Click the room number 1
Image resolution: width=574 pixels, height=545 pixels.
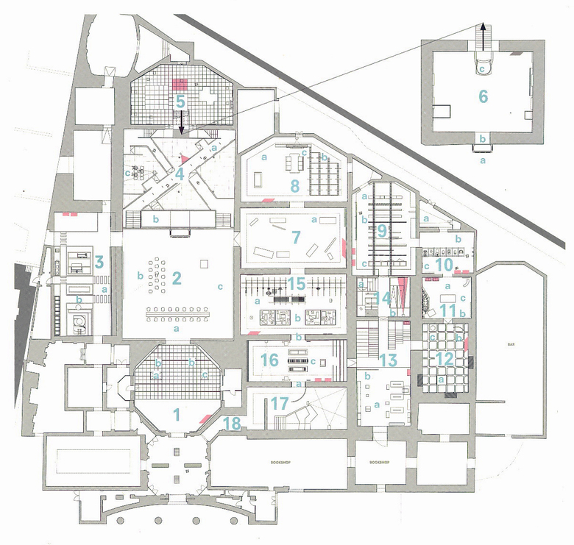pos(176,413)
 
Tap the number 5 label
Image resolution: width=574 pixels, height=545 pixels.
pos(180,101)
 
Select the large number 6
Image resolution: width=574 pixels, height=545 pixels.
pos(483,96)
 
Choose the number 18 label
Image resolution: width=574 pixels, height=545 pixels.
pos(231,423)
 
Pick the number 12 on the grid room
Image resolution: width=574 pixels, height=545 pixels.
pos(444,359)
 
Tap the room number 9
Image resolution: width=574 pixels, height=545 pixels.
pos(382,230)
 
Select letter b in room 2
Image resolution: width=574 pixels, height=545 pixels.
pos(139,276)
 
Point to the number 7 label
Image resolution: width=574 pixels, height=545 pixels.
pos(297,237)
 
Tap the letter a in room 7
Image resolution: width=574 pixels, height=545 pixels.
pos(314,219)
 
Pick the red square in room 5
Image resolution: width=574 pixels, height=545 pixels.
pos(180,82)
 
